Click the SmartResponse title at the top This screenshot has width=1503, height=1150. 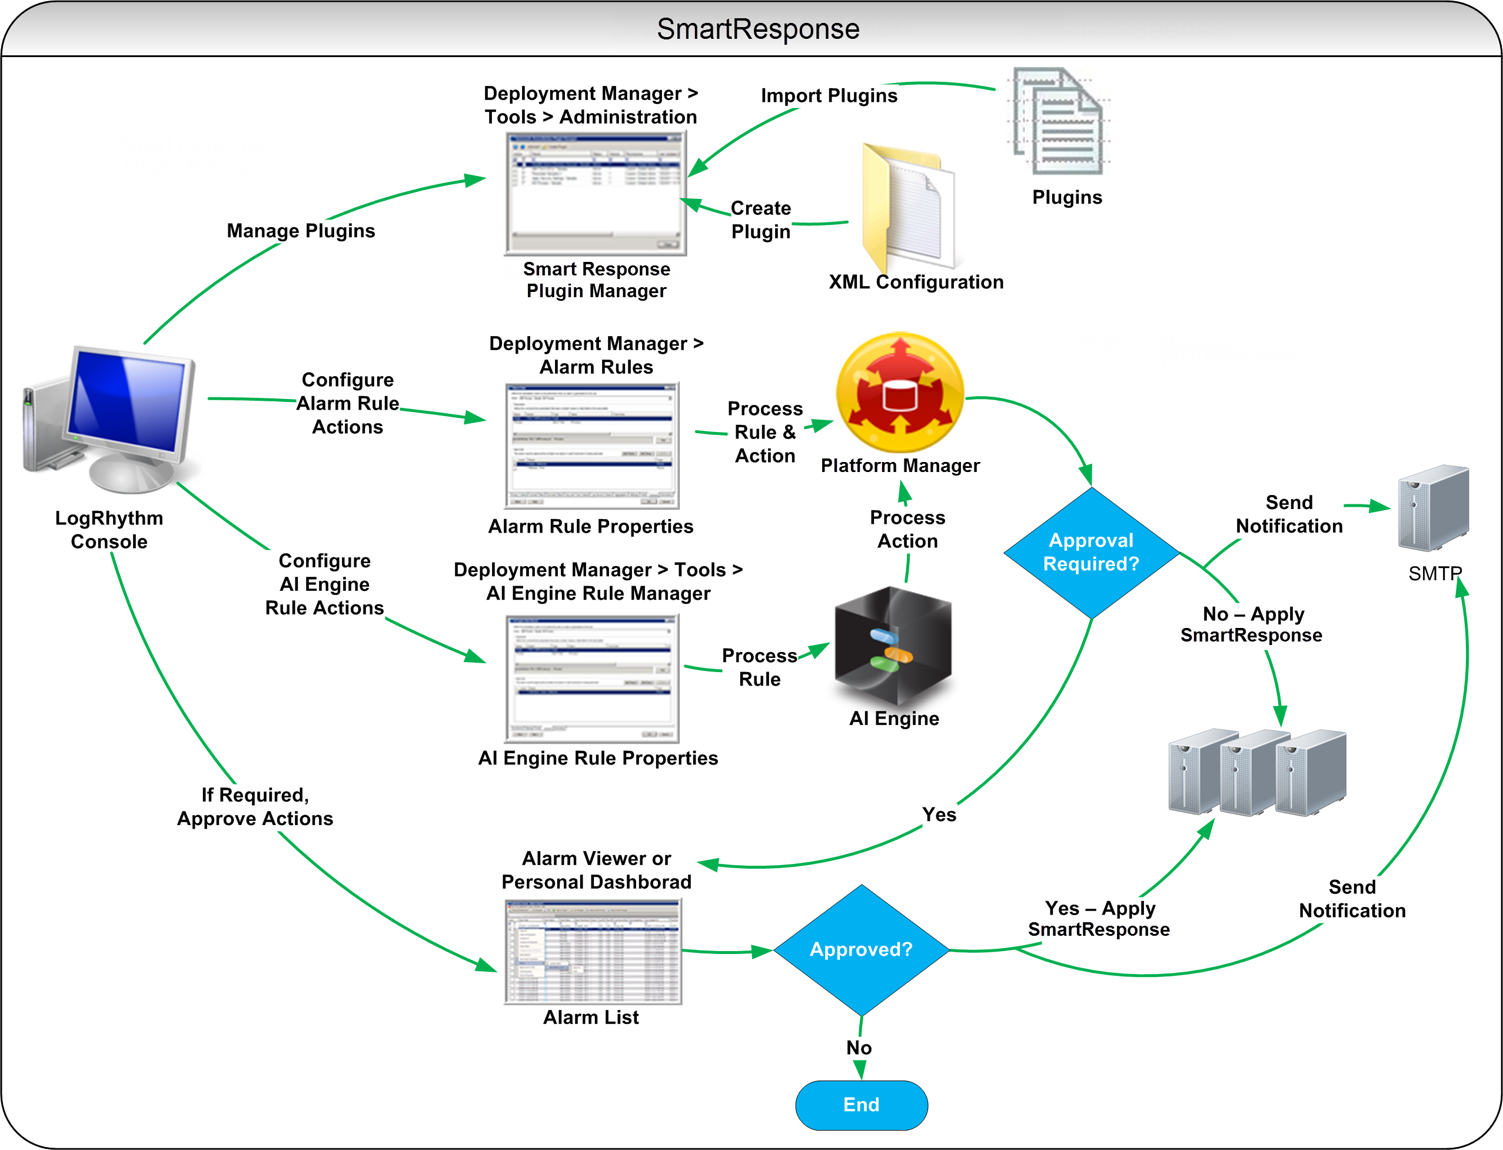point(757,29)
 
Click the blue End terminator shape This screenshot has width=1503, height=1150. point(861,1104)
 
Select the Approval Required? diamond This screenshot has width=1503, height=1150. point(1091,553)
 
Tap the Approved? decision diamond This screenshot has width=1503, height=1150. point(861,949)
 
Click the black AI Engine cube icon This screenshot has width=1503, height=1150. point(893,646)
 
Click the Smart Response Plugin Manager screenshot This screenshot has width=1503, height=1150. point(596,194)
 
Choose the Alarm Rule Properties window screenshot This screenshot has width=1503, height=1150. point(592,446)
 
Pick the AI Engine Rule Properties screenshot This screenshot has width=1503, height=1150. point(592,679)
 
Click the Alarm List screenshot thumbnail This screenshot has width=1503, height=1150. point(593,952)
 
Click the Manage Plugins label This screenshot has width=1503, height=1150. point(301,231)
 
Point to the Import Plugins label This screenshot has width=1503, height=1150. point(829,95)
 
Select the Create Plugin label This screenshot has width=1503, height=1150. point(760,220)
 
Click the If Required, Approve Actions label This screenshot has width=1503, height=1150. point(255,806)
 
